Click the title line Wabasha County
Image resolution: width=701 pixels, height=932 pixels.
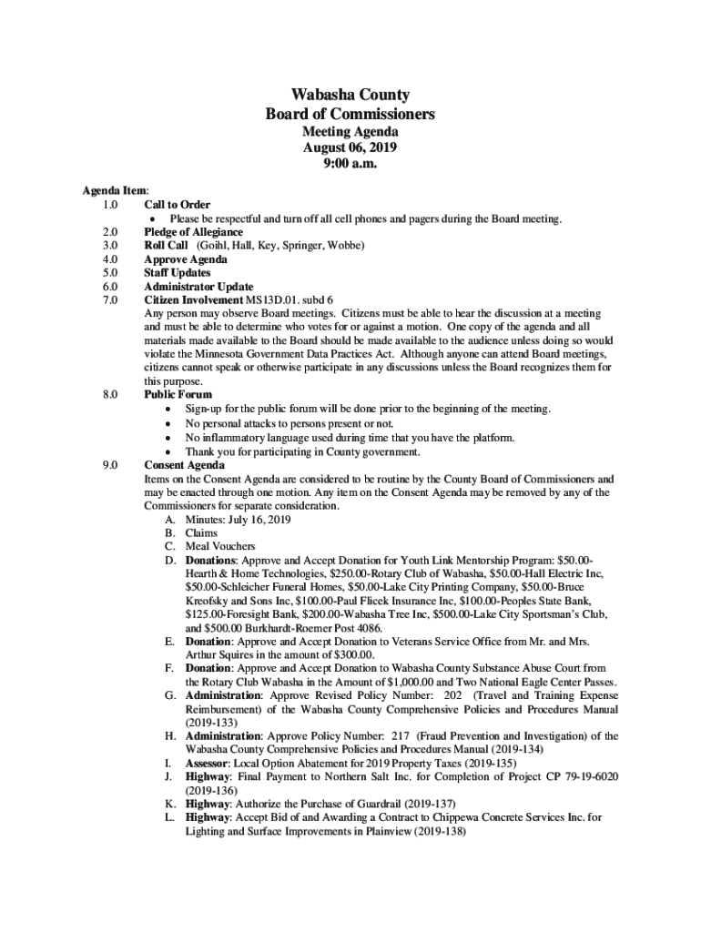(350, 95)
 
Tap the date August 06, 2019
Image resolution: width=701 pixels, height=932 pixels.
(350, 147)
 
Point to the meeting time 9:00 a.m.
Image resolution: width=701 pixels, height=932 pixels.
(350, 164)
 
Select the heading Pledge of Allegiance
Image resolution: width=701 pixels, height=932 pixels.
(193, 233)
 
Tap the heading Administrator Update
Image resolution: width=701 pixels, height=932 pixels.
(198, 287)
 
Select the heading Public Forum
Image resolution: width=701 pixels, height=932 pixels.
(178, 395)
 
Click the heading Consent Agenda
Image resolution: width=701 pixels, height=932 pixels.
(185, 466)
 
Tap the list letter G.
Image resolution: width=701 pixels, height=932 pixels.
(170, 695)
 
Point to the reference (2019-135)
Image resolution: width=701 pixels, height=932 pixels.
(491, 763)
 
